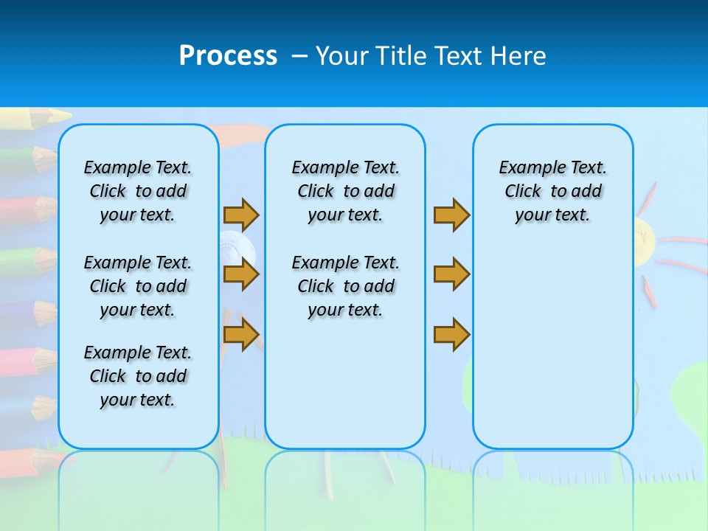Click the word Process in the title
tap(228, 56)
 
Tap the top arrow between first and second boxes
tap(241, 215)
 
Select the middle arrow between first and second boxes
tap(241, 274)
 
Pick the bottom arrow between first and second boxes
tap(241, 334)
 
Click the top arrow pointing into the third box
tap(451, 215)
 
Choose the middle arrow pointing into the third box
tap(451, 274)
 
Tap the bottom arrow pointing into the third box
tap(451, 334)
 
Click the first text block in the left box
tap(138, 191)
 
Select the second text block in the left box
tap(138, 286)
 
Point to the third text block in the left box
tap(138, 376)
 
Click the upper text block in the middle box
tap(345, 191)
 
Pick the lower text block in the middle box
tap(345, 286)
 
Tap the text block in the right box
tap(552, 191)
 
